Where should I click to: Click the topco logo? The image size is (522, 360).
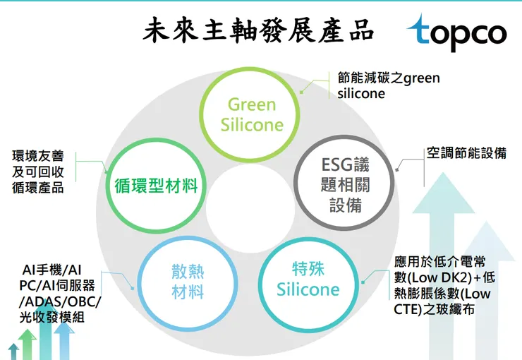(x=456, y=32)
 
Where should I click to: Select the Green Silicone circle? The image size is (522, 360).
(x=252, y=115)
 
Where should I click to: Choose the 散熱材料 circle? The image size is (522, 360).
(x=188, y=280)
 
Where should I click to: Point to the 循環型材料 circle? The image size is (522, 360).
(x=156, y=186)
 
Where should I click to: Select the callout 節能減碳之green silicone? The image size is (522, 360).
(x=388, y=85)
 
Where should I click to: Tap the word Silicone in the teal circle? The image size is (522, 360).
(x=308, y=289)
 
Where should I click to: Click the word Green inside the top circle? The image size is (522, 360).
(x=252, y=105)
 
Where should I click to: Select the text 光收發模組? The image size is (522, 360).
(x=53, y=318)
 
